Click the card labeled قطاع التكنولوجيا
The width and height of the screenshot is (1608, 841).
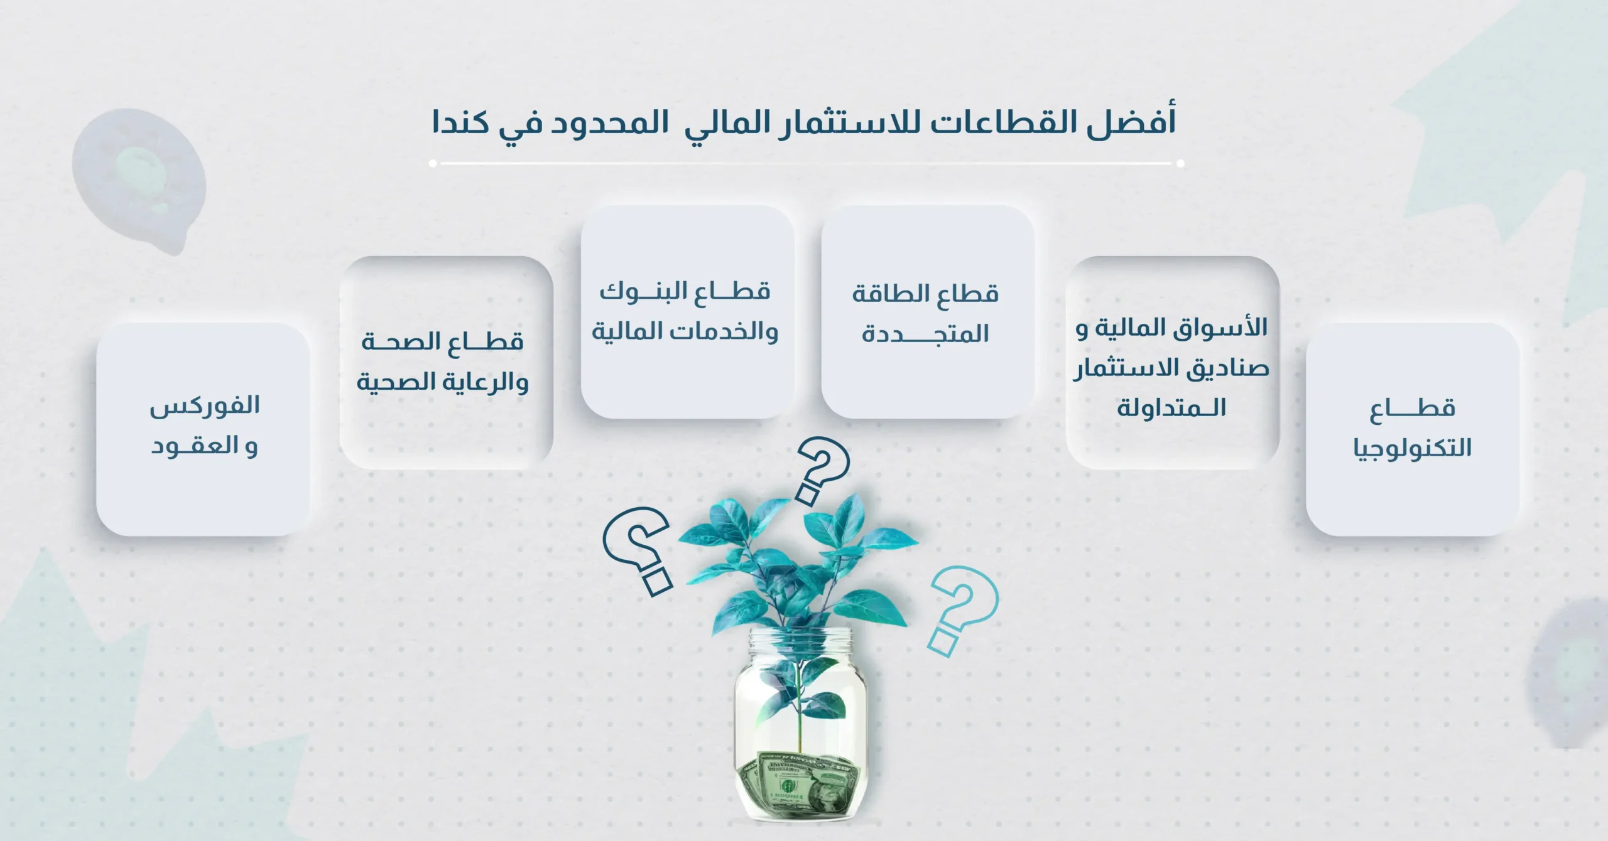[x=1413, y=429]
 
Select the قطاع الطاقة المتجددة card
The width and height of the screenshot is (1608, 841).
[x=927, y=312]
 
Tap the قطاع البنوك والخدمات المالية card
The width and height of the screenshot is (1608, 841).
[x=687, y=312]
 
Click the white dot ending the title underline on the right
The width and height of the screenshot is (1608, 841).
[x=1180, y=164]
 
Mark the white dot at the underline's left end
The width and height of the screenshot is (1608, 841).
[x=433, y=164]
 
